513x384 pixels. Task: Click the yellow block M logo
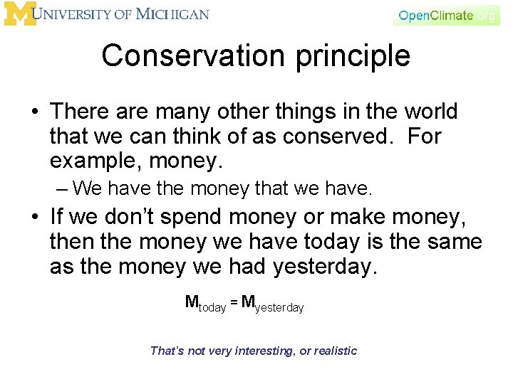pos(19,14)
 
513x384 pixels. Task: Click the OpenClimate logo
pos(446,15)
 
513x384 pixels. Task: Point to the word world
pos(431,112)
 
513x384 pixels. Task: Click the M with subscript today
pos(192,302)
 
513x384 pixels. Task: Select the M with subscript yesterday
pos(249,302)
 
